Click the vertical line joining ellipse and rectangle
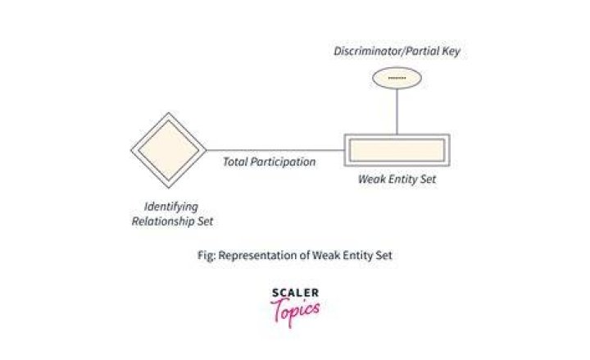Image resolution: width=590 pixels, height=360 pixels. coord(397,112)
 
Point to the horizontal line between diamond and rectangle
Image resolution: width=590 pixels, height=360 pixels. coord(275,150)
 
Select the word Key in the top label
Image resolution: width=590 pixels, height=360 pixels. coord(452,52)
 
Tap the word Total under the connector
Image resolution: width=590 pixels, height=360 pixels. coord(235,162)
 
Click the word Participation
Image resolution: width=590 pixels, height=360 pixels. coord(283,162)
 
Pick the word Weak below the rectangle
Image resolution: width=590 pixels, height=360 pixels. coord(371,179)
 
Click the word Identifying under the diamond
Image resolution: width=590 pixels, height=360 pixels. coord(171,207)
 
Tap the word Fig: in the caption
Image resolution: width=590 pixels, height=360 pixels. coord(206,255)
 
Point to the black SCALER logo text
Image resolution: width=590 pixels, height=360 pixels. coord(295,293)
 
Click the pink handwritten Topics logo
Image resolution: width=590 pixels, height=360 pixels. coord(295,312)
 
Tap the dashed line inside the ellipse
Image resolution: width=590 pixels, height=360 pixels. coord(397,79)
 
